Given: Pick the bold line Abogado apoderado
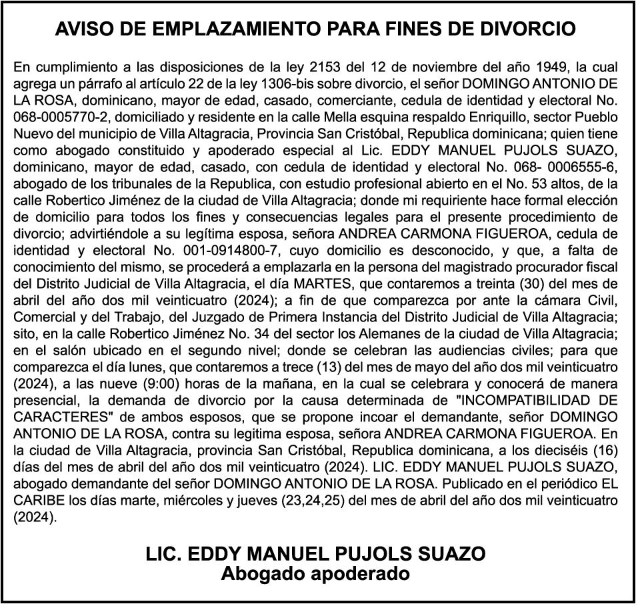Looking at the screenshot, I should pos(315,573).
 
